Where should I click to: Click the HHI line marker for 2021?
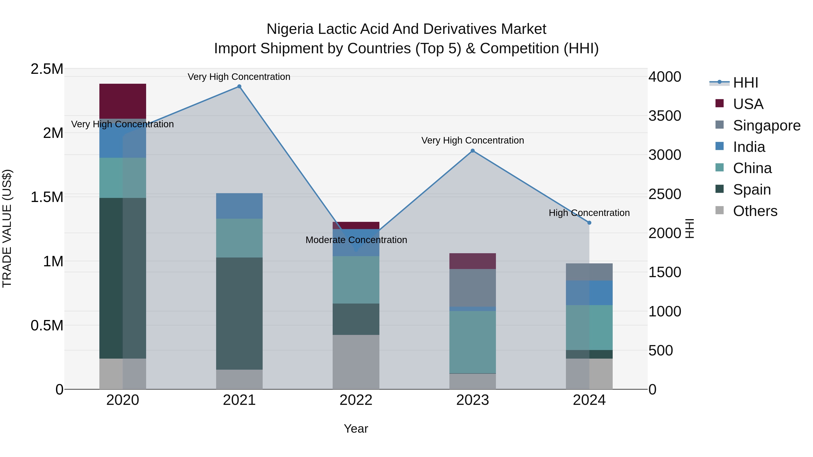pos(239,86)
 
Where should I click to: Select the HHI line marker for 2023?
pos(472,151)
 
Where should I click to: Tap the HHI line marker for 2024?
pos(589,223)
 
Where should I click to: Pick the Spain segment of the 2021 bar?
pos(239,313)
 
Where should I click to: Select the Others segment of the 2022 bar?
pos(356,362)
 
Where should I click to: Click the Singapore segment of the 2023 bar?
pos(472,288)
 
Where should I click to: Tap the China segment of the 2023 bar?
pos(472,342)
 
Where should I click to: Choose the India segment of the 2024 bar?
pos(589,293)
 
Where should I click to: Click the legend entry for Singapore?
pos(766,125)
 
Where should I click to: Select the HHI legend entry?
pos(745,83)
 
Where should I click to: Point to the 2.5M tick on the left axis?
pos(47,69)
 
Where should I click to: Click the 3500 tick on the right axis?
pos(665,116)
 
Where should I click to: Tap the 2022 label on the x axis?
pos(356,400)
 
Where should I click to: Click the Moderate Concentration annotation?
pos(356,240)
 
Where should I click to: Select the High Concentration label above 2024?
pos(589,213)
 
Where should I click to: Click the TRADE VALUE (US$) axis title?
pos(7,228)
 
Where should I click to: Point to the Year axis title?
pos(356,429)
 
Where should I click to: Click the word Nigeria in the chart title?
pos(290,29)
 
